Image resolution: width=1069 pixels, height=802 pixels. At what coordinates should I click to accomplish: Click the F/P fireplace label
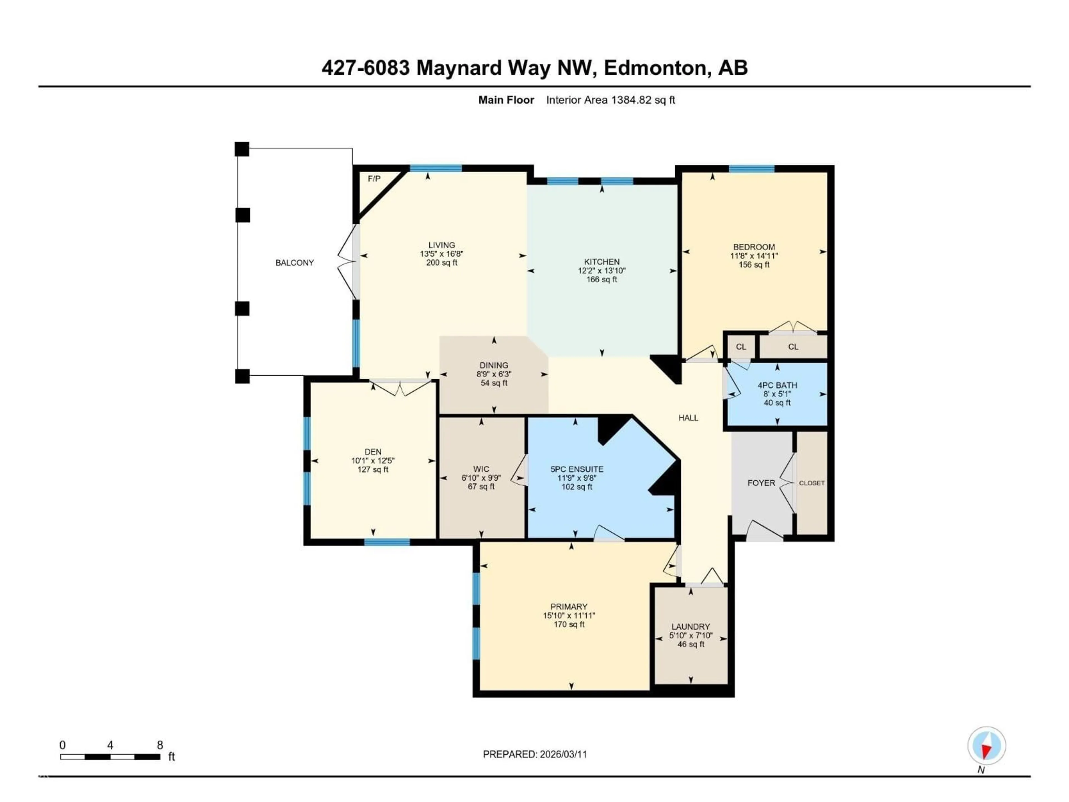pyautogui.click(x=374, y=179)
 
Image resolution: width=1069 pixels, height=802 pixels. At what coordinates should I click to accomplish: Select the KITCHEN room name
pyautogui.click(x=601, y=261)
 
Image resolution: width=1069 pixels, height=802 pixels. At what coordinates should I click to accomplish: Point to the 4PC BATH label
pyautogui.click(x=777, y=385)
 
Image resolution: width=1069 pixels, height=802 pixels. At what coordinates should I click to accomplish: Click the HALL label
pyautogui.click(x=688, y=418)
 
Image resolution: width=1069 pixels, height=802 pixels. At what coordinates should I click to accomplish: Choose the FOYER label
pyautogui.click(x=761, y=483)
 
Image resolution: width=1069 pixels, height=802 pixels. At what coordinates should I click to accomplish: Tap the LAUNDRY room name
pyautogui.click(x=691, y=627)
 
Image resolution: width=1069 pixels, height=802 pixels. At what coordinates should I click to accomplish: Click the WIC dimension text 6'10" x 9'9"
pyautogui.click(x=481, y=478)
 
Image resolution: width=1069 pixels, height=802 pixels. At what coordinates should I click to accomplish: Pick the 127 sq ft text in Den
pyautogui.click(x=372, y=470)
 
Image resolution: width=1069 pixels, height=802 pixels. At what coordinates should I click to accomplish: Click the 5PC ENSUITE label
pyautogui.click(x=577, y=469)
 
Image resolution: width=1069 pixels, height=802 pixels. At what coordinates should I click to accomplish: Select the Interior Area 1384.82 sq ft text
pyautogui.click(x=610, y=100)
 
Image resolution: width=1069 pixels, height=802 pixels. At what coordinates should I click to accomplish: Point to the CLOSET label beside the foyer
pyautogui.click(x=811, y=483)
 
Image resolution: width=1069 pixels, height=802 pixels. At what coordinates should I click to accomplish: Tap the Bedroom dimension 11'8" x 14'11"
pyautogui.click(x=754, y=256)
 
